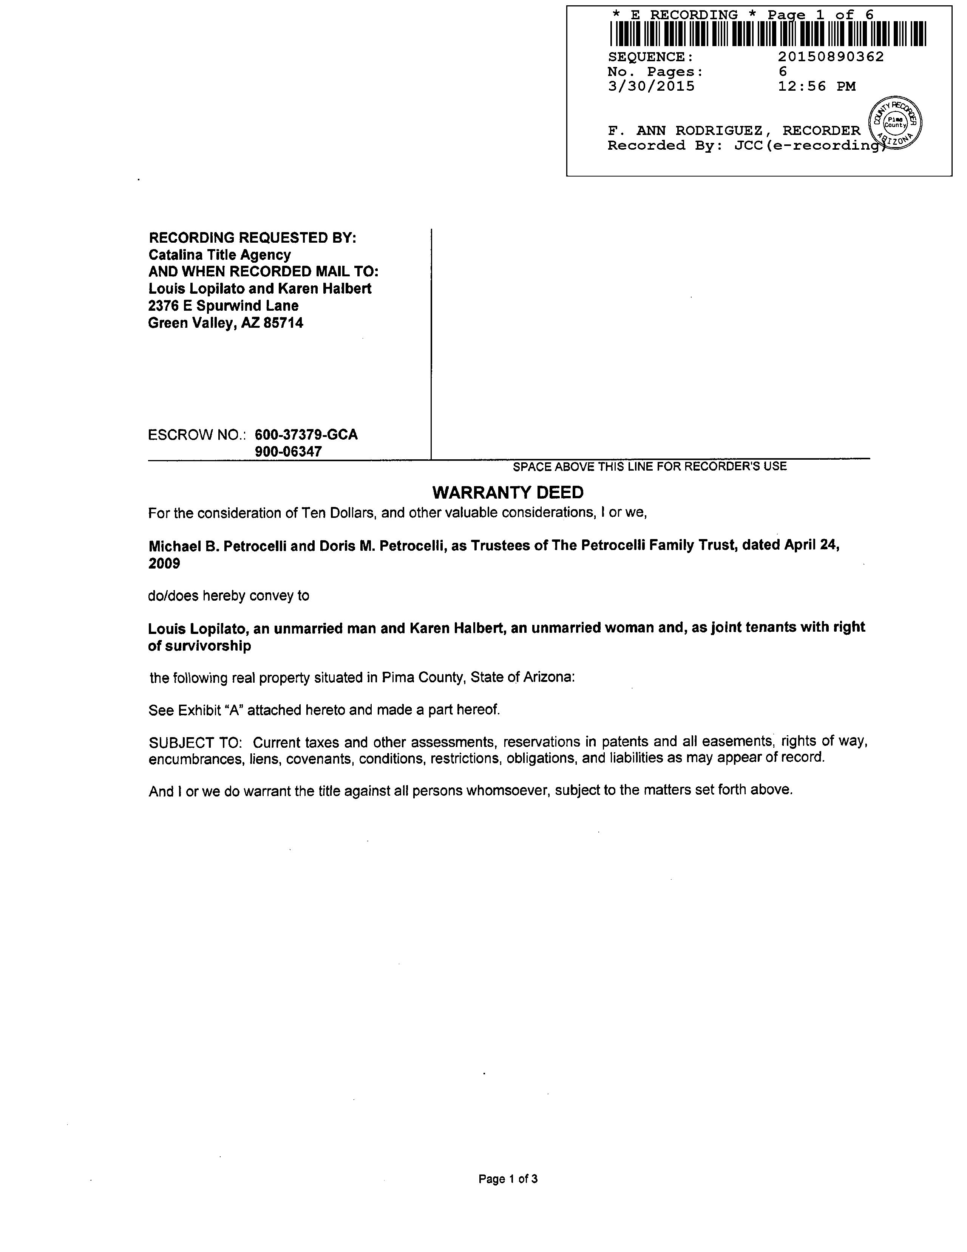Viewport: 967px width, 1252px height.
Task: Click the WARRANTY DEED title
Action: click(508, 493)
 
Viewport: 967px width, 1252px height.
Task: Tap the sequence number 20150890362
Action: click(831, 57)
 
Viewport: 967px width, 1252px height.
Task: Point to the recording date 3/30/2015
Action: click(651, 87)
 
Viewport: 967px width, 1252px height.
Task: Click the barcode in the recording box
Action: click(768, 34)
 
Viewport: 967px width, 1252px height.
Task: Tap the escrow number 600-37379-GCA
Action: click(306, 434)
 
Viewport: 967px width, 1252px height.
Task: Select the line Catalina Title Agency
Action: click(219, 254)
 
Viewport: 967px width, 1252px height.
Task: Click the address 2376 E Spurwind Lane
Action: click(223, 305)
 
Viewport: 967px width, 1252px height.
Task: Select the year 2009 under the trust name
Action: click(164, 564)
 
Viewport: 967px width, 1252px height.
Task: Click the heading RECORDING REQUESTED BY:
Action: click(252, 237)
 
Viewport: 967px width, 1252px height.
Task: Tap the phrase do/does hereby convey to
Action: click(228, 596)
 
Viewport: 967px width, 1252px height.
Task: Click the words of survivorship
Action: click(199, 646)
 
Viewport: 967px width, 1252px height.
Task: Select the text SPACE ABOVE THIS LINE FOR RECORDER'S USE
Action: click(650, 466)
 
